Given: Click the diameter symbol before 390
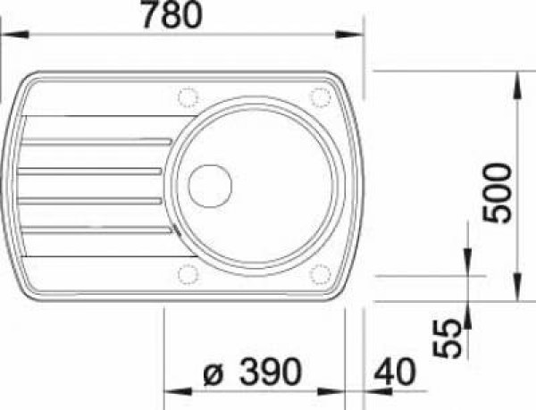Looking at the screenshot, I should pyautogui.click(x=213, y=374).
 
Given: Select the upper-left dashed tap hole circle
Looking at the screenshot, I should pyautogui.click(x=188, y=96).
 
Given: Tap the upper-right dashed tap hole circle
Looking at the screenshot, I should pyautogui.click(x=319, y=96).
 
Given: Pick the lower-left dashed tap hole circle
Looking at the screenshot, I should pyautogui.click(x=188, y=272).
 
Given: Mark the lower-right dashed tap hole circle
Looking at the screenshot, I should pyautogui.click(x=320, y=273).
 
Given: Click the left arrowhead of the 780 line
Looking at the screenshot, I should pyautogui.click(x=7, y=35).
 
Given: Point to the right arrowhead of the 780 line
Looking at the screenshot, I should pyautogui.click(x=357, y=35).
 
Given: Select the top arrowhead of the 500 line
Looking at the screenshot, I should pyautogui.click(x=517, y=78).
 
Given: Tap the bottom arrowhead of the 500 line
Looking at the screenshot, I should pyautogui.click(x=517, y=294).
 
